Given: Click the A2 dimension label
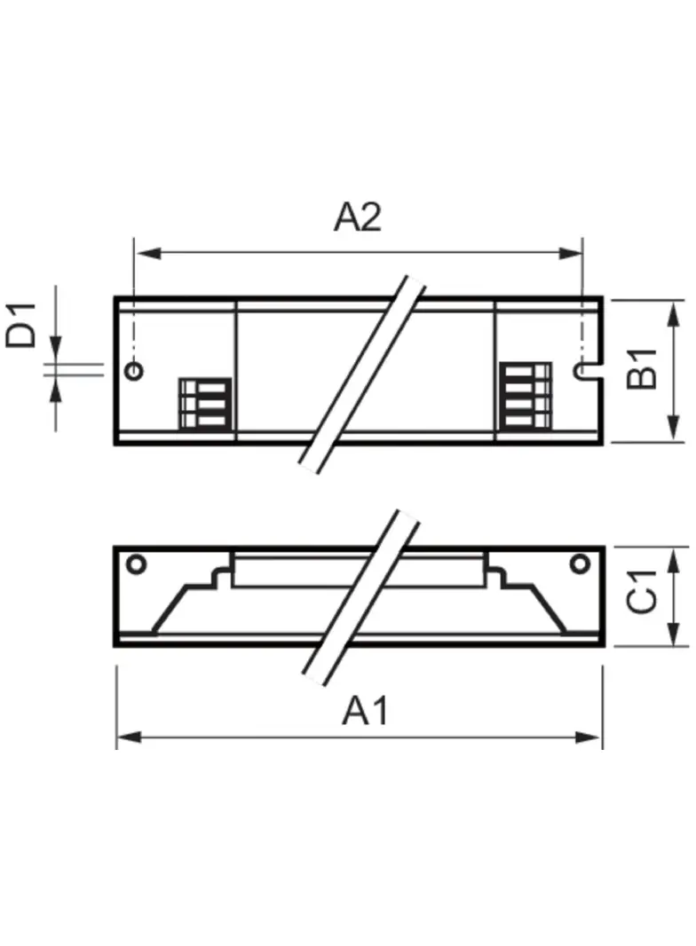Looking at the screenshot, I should coord(357,217).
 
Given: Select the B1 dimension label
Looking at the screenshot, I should coord(642,367).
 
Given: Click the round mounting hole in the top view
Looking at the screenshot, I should coord(134,370).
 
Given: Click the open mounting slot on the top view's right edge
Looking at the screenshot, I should coord(586,370).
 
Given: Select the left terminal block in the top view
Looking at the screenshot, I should coord(205,403).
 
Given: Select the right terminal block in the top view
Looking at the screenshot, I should coord(525,396).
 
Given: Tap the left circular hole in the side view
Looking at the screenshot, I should coord(136,563).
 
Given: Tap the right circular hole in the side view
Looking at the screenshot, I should coord(580,563).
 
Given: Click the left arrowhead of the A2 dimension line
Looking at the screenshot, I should coord(142,254).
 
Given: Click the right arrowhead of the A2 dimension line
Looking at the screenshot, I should coord(573,254).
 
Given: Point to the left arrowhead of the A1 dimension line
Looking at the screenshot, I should coord(126,737).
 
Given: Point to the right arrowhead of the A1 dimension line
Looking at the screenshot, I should coord(593,737).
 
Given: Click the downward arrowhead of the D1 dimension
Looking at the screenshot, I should coord(55,353).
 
